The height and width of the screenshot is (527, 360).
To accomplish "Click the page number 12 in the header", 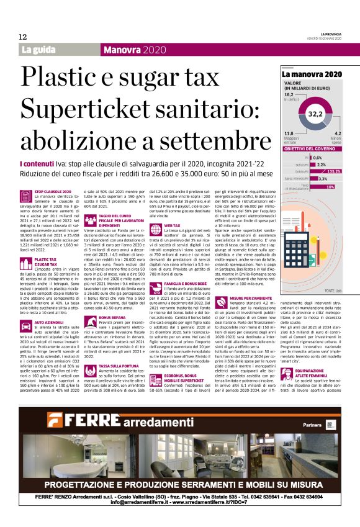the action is point(22,37).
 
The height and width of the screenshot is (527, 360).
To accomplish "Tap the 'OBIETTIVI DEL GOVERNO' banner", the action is point(309,149).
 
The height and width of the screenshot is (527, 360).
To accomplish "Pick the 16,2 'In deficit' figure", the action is point(289,94).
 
